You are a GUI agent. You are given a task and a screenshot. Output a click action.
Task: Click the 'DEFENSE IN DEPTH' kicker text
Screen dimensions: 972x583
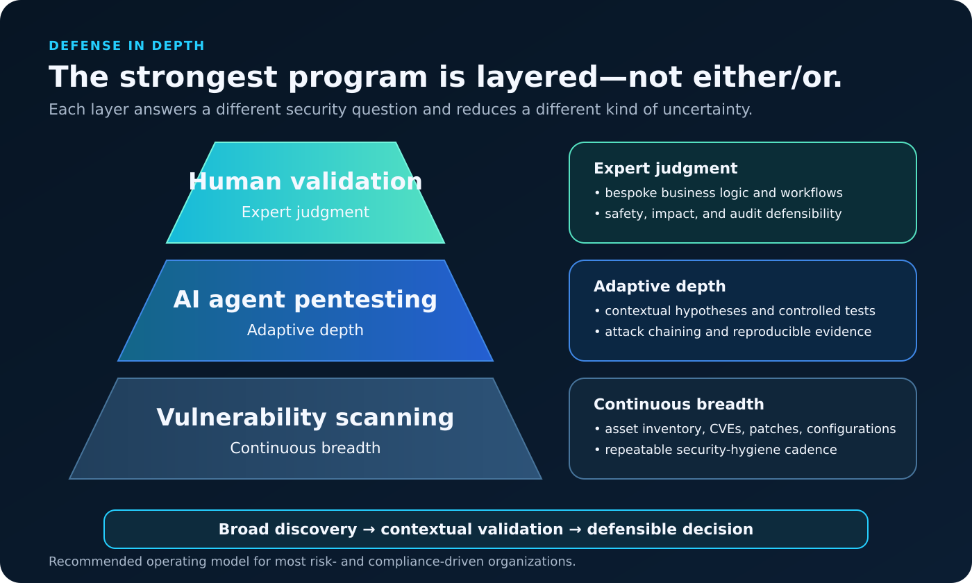tap(126, 46)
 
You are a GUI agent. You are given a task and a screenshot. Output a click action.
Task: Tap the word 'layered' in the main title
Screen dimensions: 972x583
tap(537, 78)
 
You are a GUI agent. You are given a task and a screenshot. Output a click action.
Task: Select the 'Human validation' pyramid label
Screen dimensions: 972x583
tap(305, 181)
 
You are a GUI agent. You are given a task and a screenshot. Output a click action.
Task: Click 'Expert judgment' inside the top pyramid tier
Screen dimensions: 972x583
tap(305, 212)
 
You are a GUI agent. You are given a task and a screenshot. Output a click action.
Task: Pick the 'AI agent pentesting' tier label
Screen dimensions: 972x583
tap(305, 300)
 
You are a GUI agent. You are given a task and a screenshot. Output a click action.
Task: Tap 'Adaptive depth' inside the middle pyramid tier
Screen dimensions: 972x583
tap(305, 330)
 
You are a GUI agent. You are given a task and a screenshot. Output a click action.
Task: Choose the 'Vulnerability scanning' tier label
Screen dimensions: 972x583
tap(305, 417)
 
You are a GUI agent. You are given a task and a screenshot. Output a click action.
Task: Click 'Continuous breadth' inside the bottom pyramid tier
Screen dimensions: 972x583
tap(305, 448)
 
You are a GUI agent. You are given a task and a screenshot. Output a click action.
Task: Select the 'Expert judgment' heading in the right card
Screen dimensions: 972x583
tap(666, 168)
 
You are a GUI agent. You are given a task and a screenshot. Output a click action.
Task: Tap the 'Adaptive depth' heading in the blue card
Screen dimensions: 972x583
tap(660, 286)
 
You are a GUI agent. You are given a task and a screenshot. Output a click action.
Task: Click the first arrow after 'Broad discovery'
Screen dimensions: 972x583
tap(369, 530)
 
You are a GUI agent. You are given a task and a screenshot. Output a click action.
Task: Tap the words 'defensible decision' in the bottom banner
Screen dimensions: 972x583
tap(670, 529)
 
